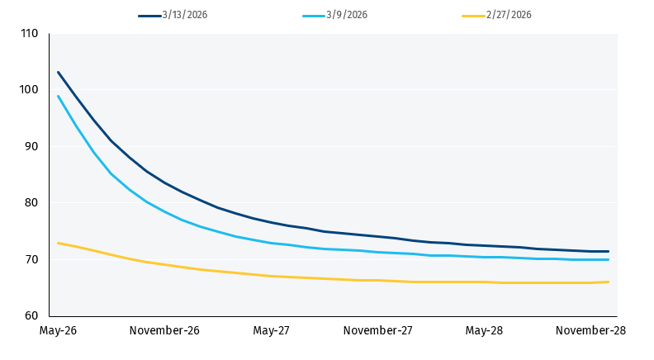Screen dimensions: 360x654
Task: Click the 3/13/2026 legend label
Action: tap(185, 15)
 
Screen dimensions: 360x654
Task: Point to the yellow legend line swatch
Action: tap(473, 15)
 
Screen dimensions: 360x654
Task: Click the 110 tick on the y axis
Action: tap(30, 34)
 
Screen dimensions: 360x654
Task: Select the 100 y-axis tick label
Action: tap(30, 90)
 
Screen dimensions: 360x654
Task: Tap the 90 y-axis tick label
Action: tap(32, 147)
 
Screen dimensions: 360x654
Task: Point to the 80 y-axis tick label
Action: tap(32, 203)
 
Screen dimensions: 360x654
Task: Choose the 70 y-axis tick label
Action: tap(32, 260)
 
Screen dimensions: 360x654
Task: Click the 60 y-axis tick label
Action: tap(32, 316)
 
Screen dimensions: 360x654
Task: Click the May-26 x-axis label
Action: tap(58, 331)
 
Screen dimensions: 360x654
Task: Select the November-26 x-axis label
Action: tap(164, 331)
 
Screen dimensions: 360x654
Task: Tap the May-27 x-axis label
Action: tap(271, 331)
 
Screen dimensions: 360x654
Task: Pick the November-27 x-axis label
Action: tap(377, 331)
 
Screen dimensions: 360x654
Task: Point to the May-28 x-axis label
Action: tap(484, 331)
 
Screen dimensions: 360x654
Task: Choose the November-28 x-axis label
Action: tap(590, 331)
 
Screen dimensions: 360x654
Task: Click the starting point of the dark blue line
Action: tap(58, 72)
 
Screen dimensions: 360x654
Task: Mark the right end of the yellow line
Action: tap(609, 282)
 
